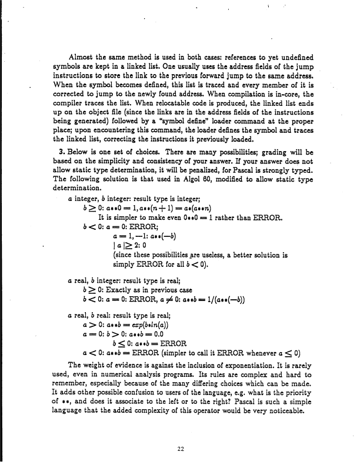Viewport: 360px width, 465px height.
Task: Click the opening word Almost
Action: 83,57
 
